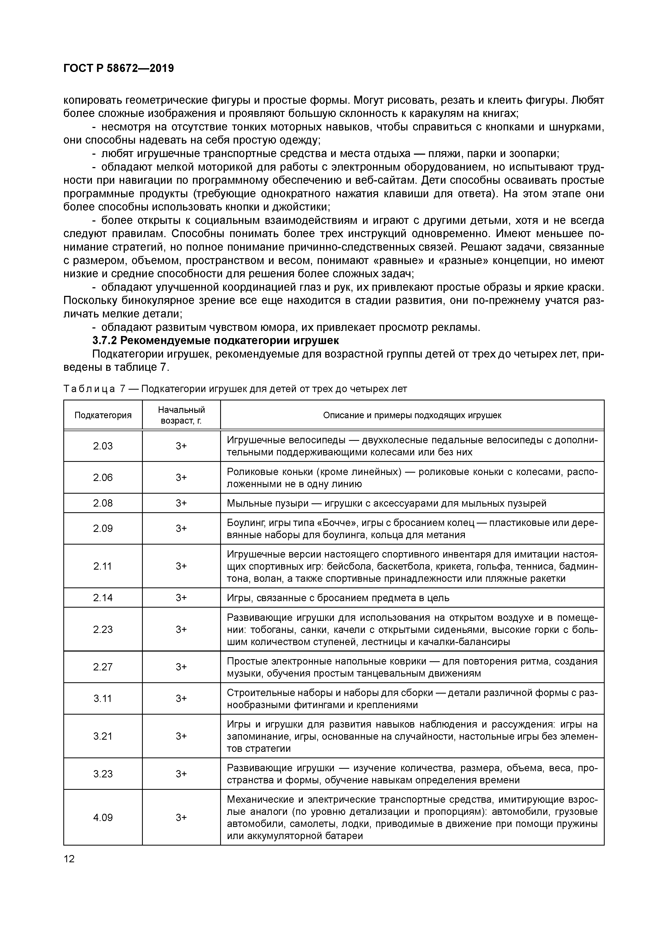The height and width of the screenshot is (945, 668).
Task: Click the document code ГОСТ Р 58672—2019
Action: tap(119, 68)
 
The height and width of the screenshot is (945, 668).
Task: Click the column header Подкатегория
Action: tap(103, 415)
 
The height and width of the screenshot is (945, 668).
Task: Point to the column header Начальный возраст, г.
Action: tap(181, 415)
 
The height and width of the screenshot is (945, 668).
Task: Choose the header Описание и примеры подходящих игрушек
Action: tap(412, 415)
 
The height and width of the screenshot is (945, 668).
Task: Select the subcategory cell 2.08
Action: tap(103, 503)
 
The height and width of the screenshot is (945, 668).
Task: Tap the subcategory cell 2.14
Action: tap(103, 598)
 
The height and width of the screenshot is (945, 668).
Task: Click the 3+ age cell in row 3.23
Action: tap(181, 774)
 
